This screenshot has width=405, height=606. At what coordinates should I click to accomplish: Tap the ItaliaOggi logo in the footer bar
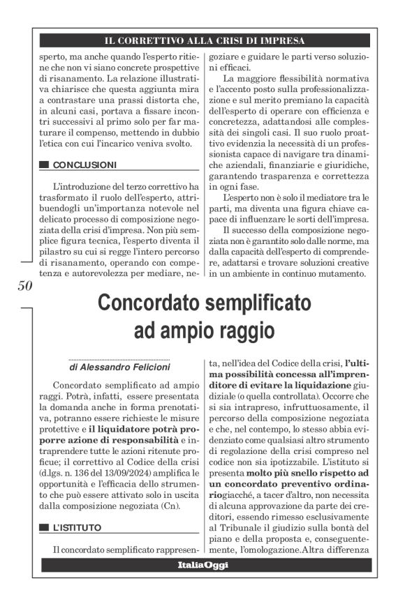point(202,565)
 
